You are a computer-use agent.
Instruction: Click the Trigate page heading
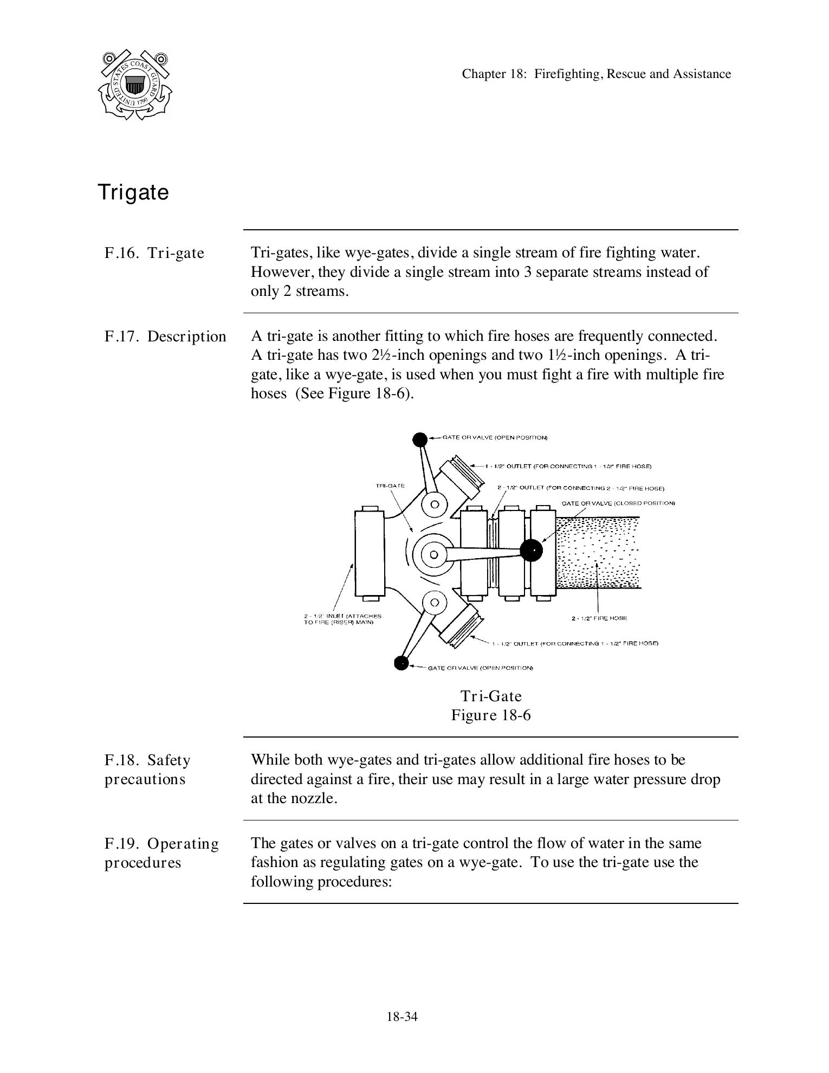click(x=133, y=192)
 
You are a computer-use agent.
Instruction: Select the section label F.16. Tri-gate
click(x=154, y=253)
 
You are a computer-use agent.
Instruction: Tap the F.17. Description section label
click(x=165, y=337)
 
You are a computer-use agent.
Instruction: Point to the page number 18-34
click(x=402, y=1017)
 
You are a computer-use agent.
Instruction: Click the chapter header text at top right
click(x=596, y=74)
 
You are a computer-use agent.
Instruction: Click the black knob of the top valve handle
click(x=420, y=439)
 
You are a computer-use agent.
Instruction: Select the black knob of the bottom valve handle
click(x=401, y=663)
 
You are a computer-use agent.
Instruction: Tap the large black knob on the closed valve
click(x=531, y=551)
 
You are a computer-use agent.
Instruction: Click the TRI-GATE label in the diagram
click(x=390, y=486)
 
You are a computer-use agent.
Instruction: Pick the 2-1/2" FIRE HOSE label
click(x=599, y=618)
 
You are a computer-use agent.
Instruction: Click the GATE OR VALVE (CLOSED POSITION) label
click(x=618, y=503)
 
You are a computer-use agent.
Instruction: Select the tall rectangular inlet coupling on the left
click(x=370, y=553)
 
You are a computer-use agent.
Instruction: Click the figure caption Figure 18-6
click(x=491, y=715)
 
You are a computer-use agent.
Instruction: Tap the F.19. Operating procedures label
click(x=161, y=853)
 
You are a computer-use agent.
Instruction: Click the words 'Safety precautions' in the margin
click(x=147, y=770)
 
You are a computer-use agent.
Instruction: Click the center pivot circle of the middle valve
click(x=434, y=554)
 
